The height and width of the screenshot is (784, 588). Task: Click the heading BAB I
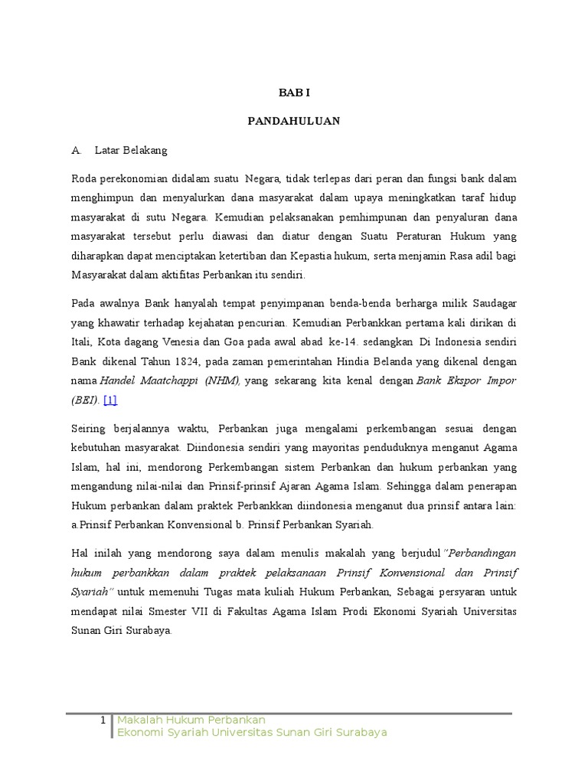point(294,93)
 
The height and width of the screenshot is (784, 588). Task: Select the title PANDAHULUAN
point(294,121)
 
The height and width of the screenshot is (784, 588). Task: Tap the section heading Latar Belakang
point(131,150)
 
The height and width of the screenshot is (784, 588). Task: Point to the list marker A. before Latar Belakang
point(77,150)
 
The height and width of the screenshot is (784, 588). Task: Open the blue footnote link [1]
point(110,400)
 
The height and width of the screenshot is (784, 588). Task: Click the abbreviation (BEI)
point(85,400)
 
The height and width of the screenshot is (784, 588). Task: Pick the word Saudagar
point(490,302)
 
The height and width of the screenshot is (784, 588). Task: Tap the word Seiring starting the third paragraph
point(89,429)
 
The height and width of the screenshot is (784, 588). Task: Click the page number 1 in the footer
point(103,720)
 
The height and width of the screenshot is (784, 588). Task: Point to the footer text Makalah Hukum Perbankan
point(191,720)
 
